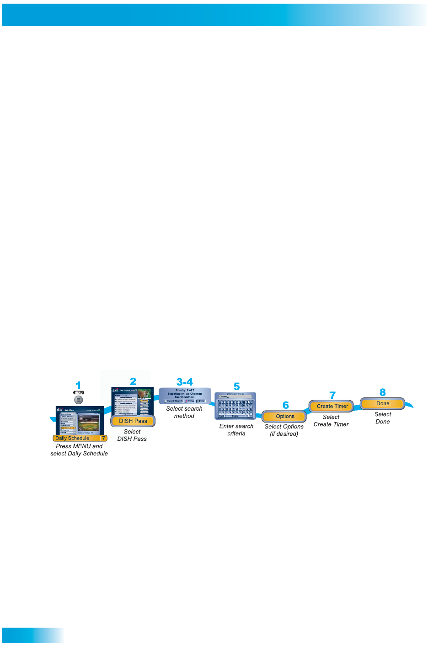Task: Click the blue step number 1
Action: [x=78, y=385]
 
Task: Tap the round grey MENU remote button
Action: [x=79, y=400]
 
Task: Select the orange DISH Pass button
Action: [x=133, y=421]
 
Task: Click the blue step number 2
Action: [x=133, y=381]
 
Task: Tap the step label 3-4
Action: [x=185, y=382]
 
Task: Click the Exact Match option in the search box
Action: [x=174, y=401]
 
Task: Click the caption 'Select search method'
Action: [x=184, y=412]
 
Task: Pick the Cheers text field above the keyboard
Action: [x=235, y=397]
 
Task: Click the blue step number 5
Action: [x=236, y=386]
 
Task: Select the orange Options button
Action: [x=285, y=417]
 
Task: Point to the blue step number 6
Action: [x=286, y=405]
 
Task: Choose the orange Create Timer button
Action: [x=332, y=406]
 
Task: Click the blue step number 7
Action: [x=332, y=395]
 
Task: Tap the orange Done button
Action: [x=383, y=404]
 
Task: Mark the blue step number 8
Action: [x=383, y=392]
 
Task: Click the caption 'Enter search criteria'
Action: [x=236, y=429]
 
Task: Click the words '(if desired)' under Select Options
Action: [x=284, y=434]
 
